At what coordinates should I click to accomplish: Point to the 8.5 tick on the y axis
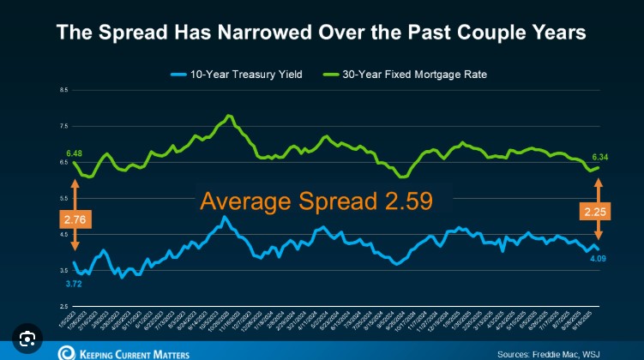pyautogui.click(x=64, y=89)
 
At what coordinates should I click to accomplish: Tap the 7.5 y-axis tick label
pyautogui.click(x=64, y=125)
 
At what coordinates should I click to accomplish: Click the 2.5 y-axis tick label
pyautogui.click(x=64, y=306)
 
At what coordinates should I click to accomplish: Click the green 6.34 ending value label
pyautogui.click(x=599, y=158)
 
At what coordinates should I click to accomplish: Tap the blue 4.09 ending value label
pyautogui.click(x=599, y=258)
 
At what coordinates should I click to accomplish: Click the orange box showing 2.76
pyautogui.click(x=75, y=220)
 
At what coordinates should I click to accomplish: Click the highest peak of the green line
pyautogui.click(x=228, y=116)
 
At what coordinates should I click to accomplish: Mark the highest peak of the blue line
pyautogui.click(x=224, y=217)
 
